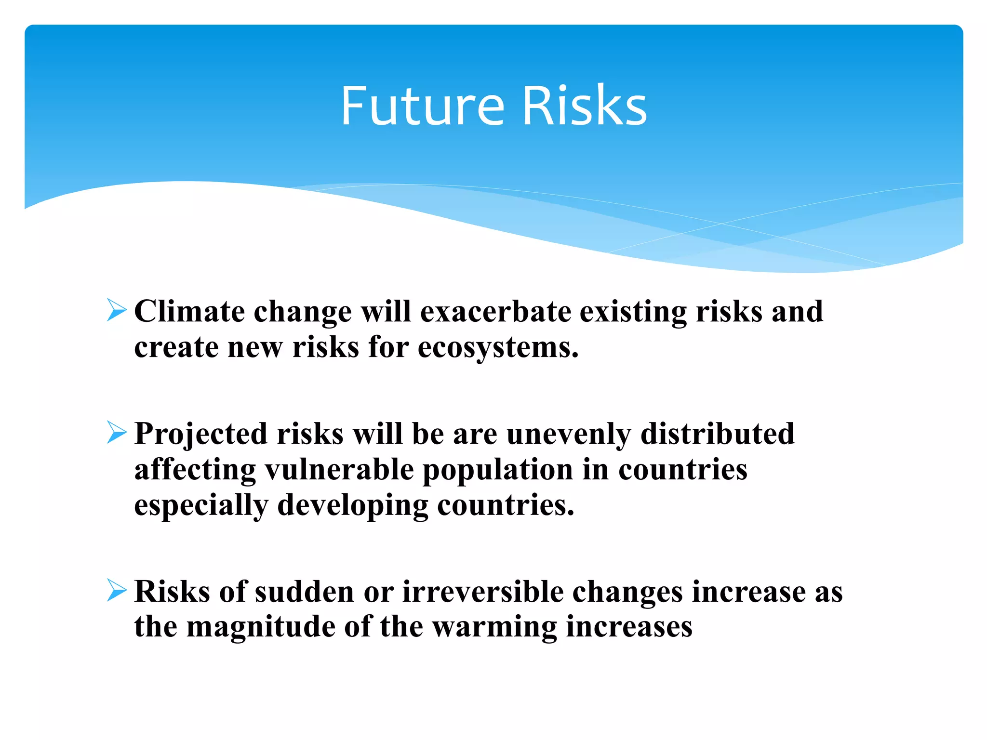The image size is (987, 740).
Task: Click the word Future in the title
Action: pyautogui.click(x=422, y=106)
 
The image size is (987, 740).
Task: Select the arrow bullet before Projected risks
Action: pyautogui.click(x=117, y=432)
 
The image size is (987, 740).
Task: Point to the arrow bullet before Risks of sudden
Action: pyautogui.click(x=117, y=590)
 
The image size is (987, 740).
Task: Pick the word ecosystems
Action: pyautogui.click(x=498, y=348)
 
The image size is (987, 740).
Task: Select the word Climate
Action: pyautogui.click(x=189, y=312)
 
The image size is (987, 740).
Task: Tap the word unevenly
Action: pyautogui.click(x=569, y=434)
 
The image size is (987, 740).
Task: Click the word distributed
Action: pyautogui.click(x=717, y=434)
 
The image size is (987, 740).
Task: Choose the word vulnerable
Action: pyautogui.click(x=339, y=470)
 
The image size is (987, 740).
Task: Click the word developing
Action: pyautogui.click(x=352, y=506)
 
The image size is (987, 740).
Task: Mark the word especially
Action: pyautogui.click(x=201, y=506)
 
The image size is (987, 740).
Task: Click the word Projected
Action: pyautogui.click(x=200, y=434)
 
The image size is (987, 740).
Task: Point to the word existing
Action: pyautogui.click(x=633, y=312)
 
